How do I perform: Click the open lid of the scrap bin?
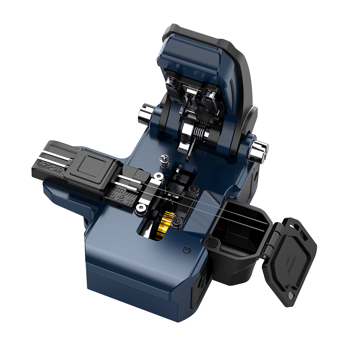coord(290,259)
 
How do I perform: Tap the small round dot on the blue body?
coord(186,250)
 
